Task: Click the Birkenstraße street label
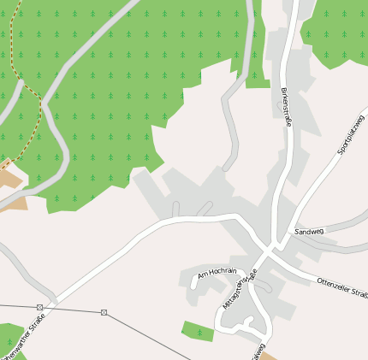[287, 107]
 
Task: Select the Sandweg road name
[308, 232]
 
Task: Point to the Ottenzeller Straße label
[341, 288]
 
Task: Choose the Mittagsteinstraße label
[239, 289]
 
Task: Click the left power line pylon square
[39, 307]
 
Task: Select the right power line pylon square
[104, 312]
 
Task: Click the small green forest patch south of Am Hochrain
[197, 330]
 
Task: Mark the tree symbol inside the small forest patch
[199, 331]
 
